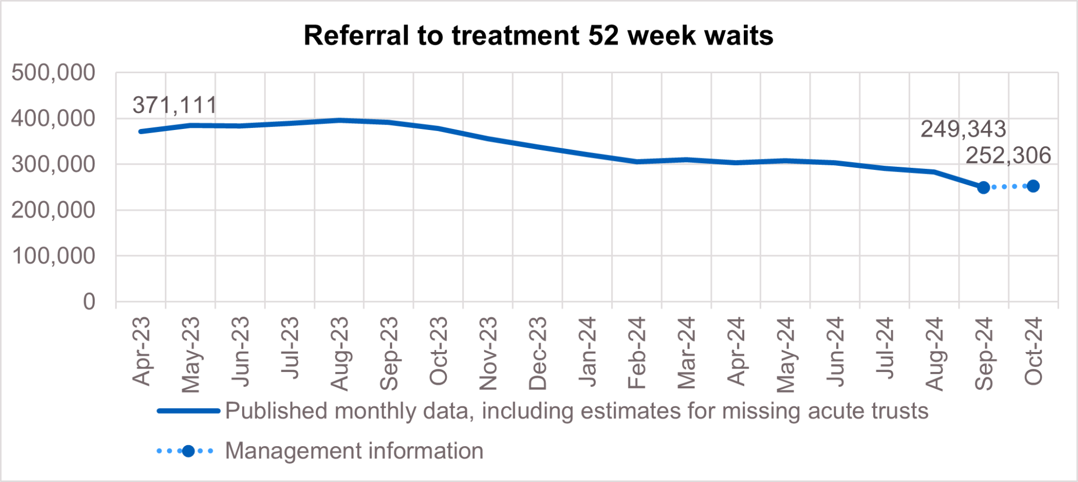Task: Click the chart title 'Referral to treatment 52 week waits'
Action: (538, 36)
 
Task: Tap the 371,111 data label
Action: (174, 105)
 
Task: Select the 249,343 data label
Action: (963, 129)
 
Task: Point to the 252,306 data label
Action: (1008, 156)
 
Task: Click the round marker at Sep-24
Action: (983, 187)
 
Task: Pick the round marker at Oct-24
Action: (1033, 186)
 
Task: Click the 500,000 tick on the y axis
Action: (53, 73)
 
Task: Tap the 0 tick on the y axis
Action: (89, 302)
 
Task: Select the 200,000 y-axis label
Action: (53, 210)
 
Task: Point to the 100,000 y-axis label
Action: (53, 256)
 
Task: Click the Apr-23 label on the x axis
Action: (141, 351)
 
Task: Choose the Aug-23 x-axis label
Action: (340, 354)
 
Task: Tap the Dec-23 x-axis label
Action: (538, 354)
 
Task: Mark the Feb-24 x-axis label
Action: (637, 353)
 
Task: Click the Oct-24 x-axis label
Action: (1033, 351)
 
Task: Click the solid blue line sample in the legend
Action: (188, 411)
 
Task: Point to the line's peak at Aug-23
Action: (340, 120)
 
